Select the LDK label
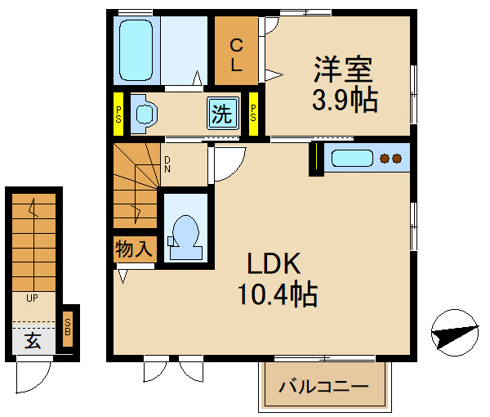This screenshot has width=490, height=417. (275, 264)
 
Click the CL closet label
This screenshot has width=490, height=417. (235, 55)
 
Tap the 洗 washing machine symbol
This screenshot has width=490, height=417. (221, 114)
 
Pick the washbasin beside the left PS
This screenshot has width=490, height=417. (143, 113)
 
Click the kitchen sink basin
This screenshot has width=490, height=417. (353, 159)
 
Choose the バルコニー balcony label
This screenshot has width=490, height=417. (323, 388)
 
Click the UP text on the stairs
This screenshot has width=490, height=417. (33, 298)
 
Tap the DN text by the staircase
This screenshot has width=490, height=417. (167, 164)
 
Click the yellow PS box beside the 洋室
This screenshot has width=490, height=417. (253, 114)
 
